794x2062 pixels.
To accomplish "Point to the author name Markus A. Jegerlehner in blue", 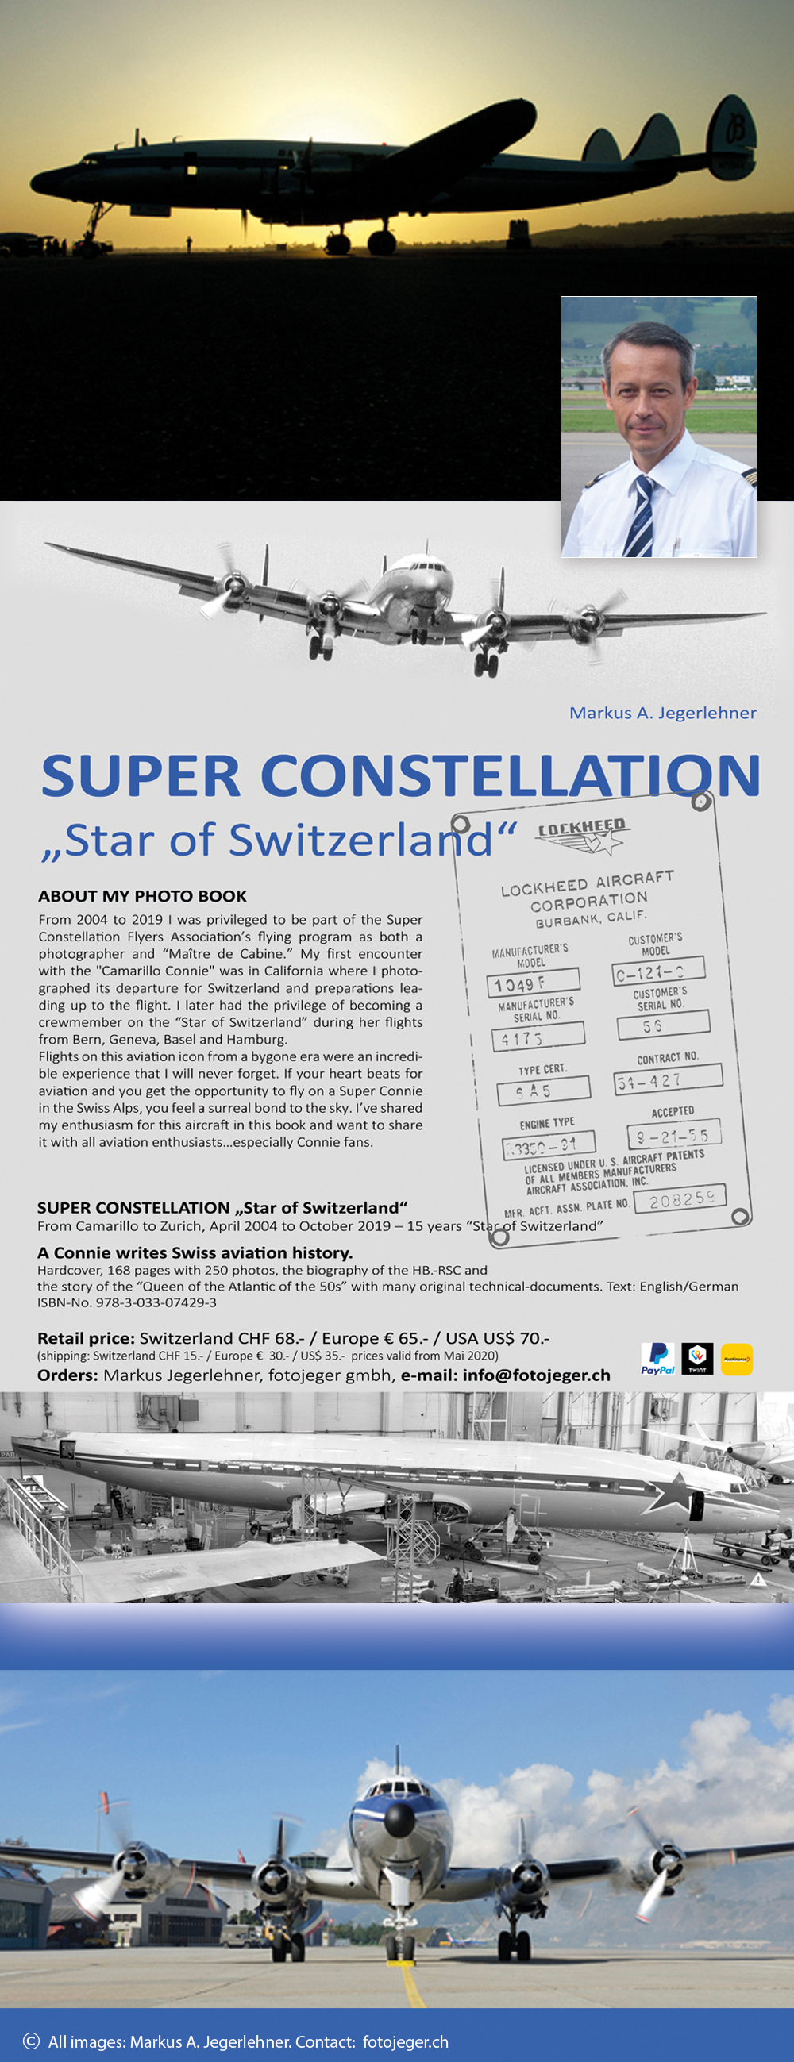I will tap(662, 713).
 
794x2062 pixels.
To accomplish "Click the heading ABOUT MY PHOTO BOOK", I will tap(142, 896).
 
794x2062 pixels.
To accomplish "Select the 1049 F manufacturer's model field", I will tap(532, 981).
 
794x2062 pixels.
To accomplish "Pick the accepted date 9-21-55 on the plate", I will tap(673, 1134).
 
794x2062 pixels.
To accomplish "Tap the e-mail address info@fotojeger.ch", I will tap(535, 1375).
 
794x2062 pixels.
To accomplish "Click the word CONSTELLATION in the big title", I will tap(510, 775).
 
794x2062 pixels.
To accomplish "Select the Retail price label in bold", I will tap(86, 1337).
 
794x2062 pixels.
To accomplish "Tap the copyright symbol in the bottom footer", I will tap(31, 2041).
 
